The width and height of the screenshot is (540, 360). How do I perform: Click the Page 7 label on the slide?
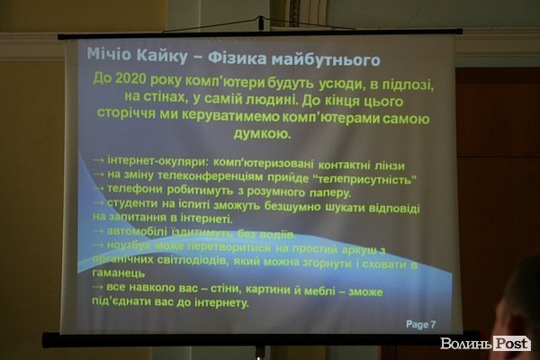click(420, 324)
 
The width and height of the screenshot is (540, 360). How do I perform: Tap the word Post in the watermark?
click(510, 343)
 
